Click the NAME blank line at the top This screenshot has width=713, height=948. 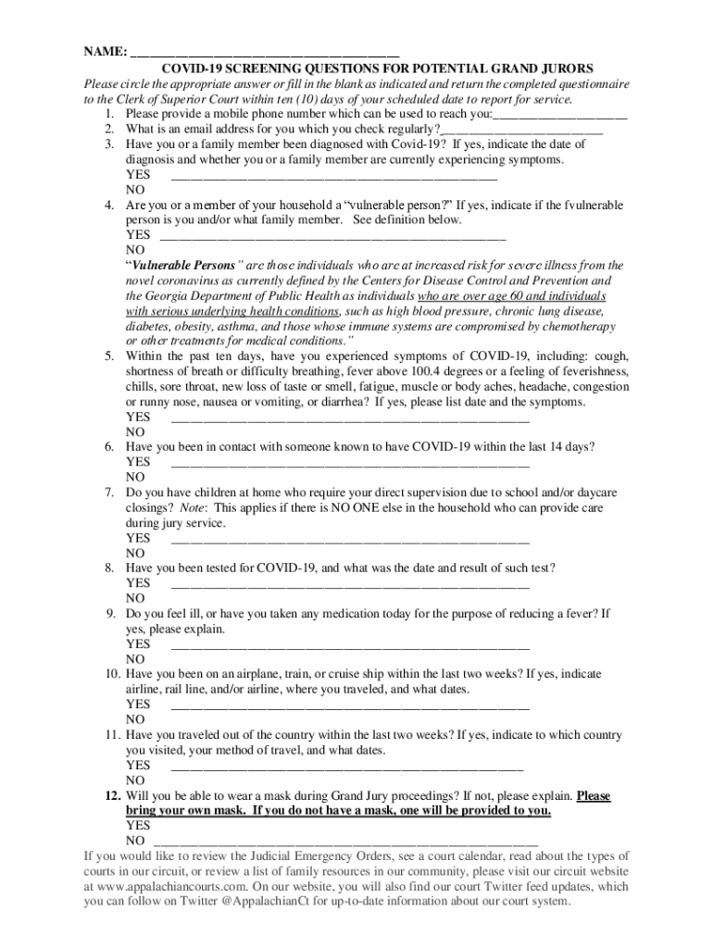click(264, 53)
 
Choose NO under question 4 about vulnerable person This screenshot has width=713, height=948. click(135, 250)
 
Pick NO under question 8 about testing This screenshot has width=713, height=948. click(135, 598)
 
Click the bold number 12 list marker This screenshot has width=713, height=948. click(111, 795)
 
